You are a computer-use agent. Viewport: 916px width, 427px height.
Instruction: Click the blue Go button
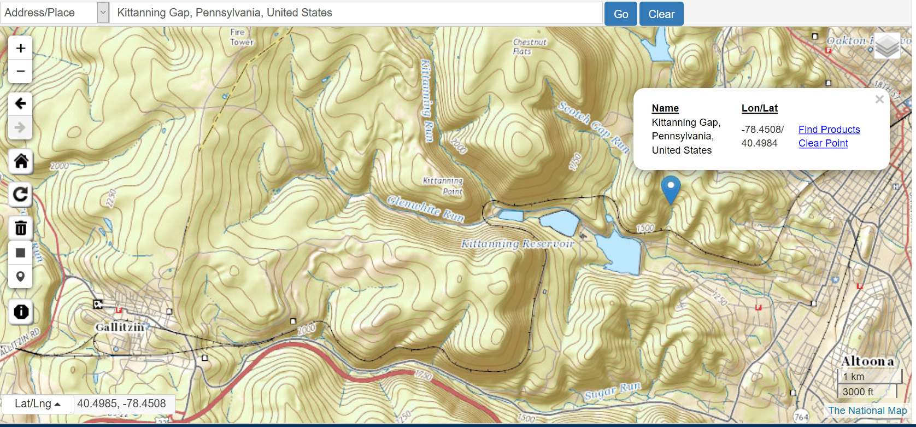(x=620, y=14)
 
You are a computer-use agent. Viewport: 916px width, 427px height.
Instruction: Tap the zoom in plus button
(x=20, y=48)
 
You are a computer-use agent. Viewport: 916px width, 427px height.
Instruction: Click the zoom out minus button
(x=20, y=71)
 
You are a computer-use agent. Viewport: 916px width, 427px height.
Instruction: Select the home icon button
(x=21, y=161)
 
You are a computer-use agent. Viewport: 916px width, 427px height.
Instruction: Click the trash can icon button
(x=21, y=228)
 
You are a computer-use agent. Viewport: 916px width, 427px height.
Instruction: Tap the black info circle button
(x=21, y=312)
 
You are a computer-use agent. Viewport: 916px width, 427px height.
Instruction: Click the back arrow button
(x=20, y=103)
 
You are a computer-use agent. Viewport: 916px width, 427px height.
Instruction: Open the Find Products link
(x=829, y=130)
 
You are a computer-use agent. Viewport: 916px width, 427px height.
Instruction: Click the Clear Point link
(x=823, y=143)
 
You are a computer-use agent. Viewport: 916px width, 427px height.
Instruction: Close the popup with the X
(x=879, y=100)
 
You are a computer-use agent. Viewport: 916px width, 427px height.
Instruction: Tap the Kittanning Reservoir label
(x=517, y=244)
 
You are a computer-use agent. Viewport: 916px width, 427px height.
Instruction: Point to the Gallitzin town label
(x=120, y=327)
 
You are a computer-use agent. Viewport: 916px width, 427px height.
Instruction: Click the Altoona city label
(x=867, y=361)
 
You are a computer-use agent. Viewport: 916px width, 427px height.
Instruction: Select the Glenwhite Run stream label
(x=426, y=208)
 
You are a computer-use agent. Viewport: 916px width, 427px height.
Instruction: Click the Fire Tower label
(x=242, y=37)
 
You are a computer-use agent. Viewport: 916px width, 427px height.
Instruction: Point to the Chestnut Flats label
(x=529, y=46)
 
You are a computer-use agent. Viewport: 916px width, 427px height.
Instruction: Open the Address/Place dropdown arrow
(x=103, y=13)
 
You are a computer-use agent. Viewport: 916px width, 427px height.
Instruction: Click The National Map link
(x=867, y=410)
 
